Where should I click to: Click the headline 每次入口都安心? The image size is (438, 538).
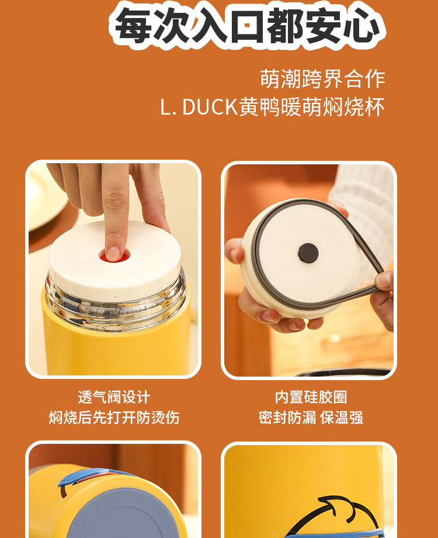point(248,25)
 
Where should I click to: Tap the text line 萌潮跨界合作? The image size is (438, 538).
point(322,80)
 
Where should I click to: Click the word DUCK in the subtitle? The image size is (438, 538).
point(210,107)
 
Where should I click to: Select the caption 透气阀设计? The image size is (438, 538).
point(114,397)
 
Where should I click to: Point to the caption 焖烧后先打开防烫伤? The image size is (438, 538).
point(114,418)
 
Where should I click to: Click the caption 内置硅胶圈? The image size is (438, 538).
point(311,397)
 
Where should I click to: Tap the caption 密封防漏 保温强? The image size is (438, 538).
point(311,418)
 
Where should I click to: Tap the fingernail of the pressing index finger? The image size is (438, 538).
point(113,254)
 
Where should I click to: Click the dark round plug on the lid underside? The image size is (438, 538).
point(308,253)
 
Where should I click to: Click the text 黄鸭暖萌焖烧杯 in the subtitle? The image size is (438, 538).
point(312,107)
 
